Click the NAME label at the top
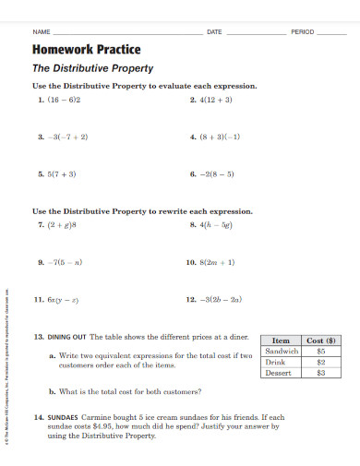pos(42,31)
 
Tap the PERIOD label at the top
pos(304,31)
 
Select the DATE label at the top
pos(214,31)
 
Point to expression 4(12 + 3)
pos(217,98)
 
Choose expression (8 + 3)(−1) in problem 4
pos(220,136)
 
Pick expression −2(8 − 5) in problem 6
pos(219,173)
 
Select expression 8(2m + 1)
pos(217,261)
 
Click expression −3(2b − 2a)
pos(221,299)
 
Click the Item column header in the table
pos(281,340)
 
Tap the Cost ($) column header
pos(321,340)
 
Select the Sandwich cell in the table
pos(281,351)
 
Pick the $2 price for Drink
pos(321,362)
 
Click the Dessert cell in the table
pos(279,373)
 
